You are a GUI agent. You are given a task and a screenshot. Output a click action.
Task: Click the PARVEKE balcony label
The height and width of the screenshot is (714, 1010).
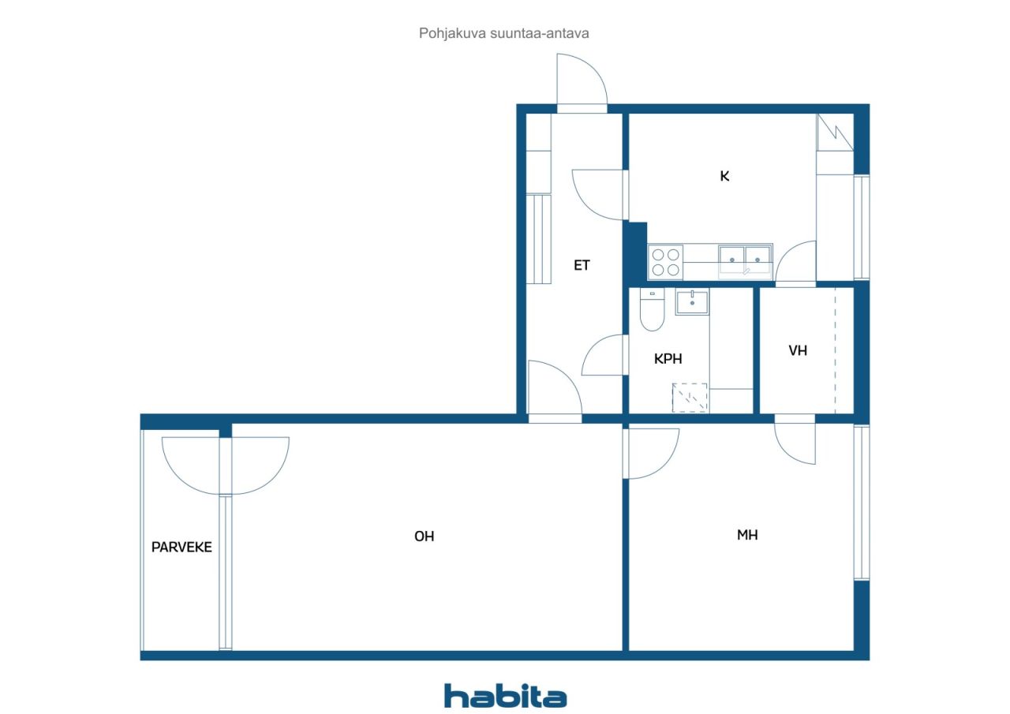[181, 548]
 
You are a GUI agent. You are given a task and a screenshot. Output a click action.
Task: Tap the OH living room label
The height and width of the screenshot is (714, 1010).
[425, 536]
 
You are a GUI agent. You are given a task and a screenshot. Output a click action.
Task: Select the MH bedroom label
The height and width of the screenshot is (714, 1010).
[747, 535]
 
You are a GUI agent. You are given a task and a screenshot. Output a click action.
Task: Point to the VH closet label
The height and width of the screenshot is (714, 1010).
[798, 351]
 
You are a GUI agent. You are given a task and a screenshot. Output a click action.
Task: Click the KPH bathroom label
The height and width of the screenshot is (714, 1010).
[668, 359]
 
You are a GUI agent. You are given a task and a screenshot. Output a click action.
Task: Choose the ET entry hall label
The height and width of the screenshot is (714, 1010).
[582, 265]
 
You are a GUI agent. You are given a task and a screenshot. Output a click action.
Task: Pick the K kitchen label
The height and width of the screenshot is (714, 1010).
[724, 176]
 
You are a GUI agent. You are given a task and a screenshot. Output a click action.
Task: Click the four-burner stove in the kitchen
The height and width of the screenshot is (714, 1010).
[665, 262]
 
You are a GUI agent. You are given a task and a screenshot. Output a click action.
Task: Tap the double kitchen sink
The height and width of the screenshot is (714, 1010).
[746, 260]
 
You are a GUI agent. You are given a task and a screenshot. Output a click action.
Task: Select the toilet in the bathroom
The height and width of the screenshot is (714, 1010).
[652, 310]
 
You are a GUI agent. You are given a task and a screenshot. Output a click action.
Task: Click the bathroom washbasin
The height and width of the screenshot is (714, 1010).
[692, 302]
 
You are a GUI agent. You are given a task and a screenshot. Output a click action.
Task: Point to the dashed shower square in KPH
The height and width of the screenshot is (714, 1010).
[690, 398]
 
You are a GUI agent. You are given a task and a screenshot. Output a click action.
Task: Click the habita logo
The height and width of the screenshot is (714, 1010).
[505, 696]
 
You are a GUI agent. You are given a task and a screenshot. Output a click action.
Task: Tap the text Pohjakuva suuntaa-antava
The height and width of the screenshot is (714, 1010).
[503, 33]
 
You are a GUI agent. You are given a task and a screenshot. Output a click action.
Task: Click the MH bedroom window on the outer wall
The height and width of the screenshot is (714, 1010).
[862, 502]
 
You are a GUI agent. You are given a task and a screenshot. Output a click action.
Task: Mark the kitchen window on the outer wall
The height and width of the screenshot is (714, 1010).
[862, 227]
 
